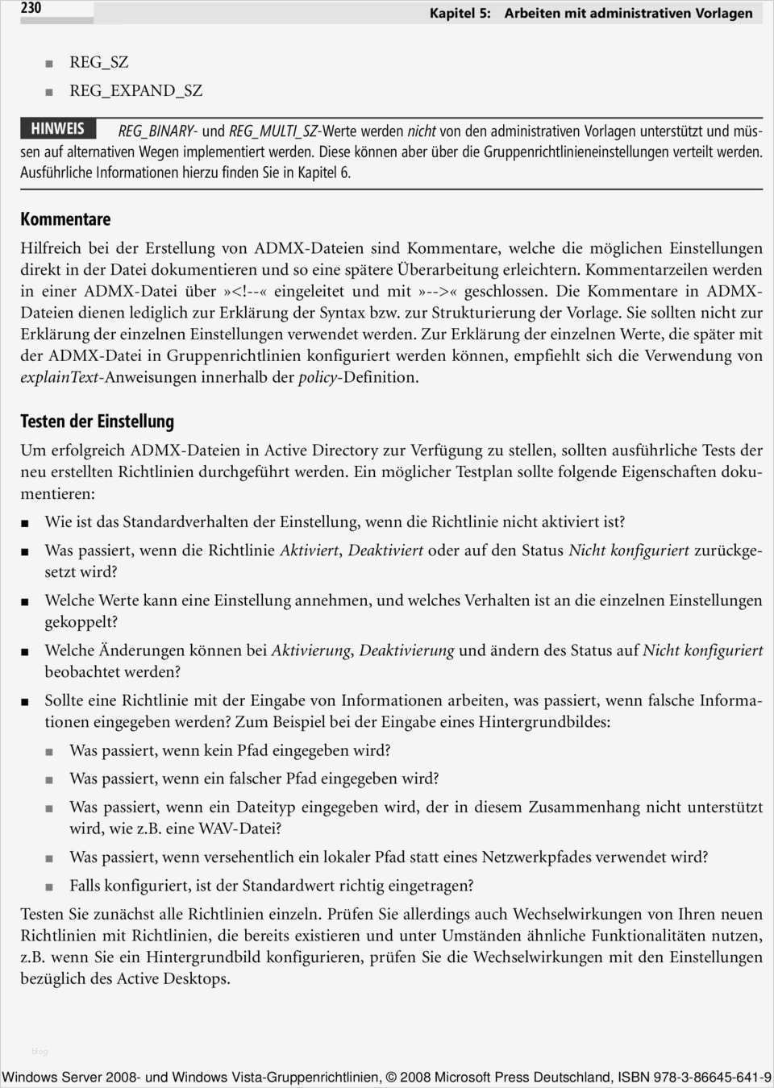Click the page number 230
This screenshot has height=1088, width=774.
[x=31, y=8]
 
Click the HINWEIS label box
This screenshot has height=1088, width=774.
[x=57, y=128]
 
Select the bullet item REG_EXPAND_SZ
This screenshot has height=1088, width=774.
[x=135, y=90]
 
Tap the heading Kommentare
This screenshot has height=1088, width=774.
[x=65, y=219]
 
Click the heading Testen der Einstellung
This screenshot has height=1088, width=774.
[x=97, y=421]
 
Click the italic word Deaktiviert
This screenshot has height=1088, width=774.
[x=385, y=550]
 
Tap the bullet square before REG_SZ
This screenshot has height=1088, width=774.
[x=49, y=63]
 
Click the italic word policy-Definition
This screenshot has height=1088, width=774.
[x=358, y=376]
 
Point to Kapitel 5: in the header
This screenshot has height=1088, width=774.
[x=460, y=13]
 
